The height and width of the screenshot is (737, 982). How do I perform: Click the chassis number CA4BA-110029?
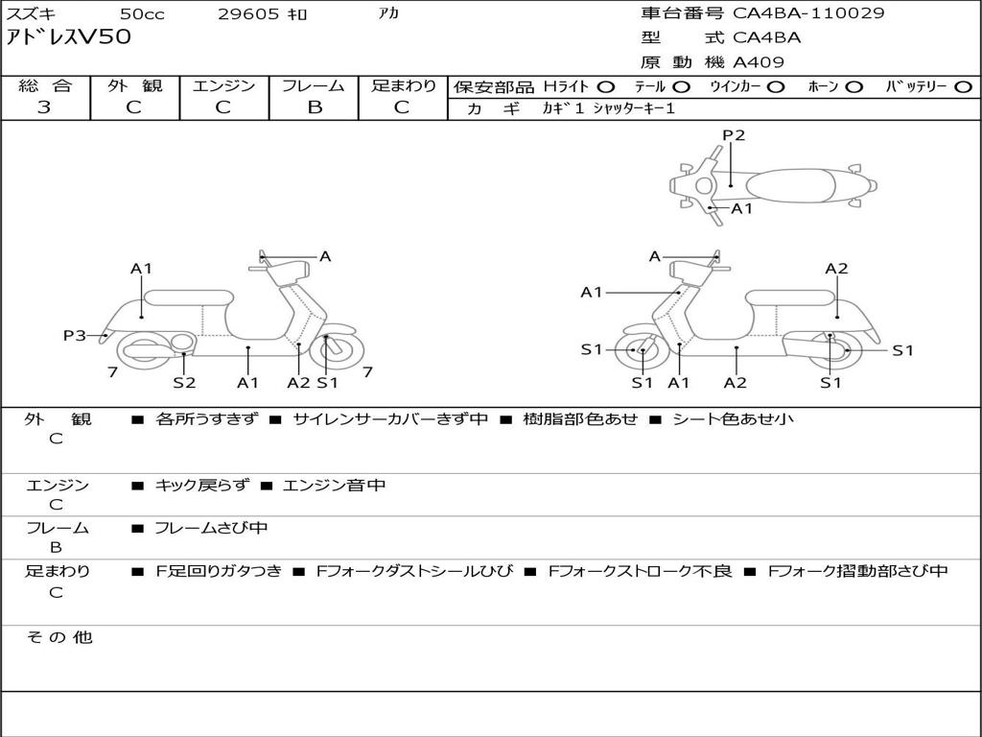click(x=808, y=13)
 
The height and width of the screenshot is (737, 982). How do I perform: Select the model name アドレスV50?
click(x=68, y=37)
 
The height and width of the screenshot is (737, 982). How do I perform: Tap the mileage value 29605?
click(x=248, y=13)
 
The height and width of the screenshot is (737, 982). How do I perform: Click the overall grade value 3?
click(x=44, y=107)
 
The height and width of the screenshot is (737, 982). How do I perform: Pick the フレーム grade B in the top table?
click(x=315, y=107)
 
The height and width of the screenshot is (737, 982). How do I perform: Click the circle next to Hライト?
click(x=606, y=87)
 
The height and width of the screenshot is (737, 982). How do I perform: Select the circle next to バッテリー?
click(x=964, y=87)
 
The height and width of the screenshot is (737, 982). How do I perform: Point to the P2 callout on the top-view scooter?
click(x=734, y=135)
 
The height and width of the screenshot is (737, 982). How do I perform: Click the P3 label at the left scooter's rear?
click(x=75, y=335)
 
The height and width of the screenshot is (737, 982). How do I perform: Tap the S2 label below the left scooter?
click(x=184, y=382)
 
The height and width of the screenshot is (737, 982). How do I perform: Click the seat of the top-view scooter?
click(x=790, y=185)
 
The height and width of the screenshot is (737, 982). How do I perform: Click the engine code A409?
click(x=759, y=62)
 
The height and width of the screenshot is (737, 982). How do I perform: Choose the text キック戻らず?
click(x=201, y=485)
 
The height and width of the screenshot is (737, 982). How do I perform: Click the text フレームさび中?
click(x=211, y=528)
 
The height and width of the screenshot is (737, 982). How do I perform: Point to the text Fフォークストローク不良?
click(x=640, y=571)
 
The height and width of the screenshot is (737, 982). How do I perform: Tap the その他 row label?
click(x=59, y=637)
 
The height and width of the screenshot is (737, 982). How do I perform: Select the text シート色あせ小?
click(x=733, y=418)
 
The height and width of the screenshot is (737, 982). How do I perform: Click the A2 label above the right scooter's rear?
click(x=836, y=269)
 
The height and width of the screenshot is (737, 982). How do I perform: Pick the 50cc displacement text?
click(x=142, y=13)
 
